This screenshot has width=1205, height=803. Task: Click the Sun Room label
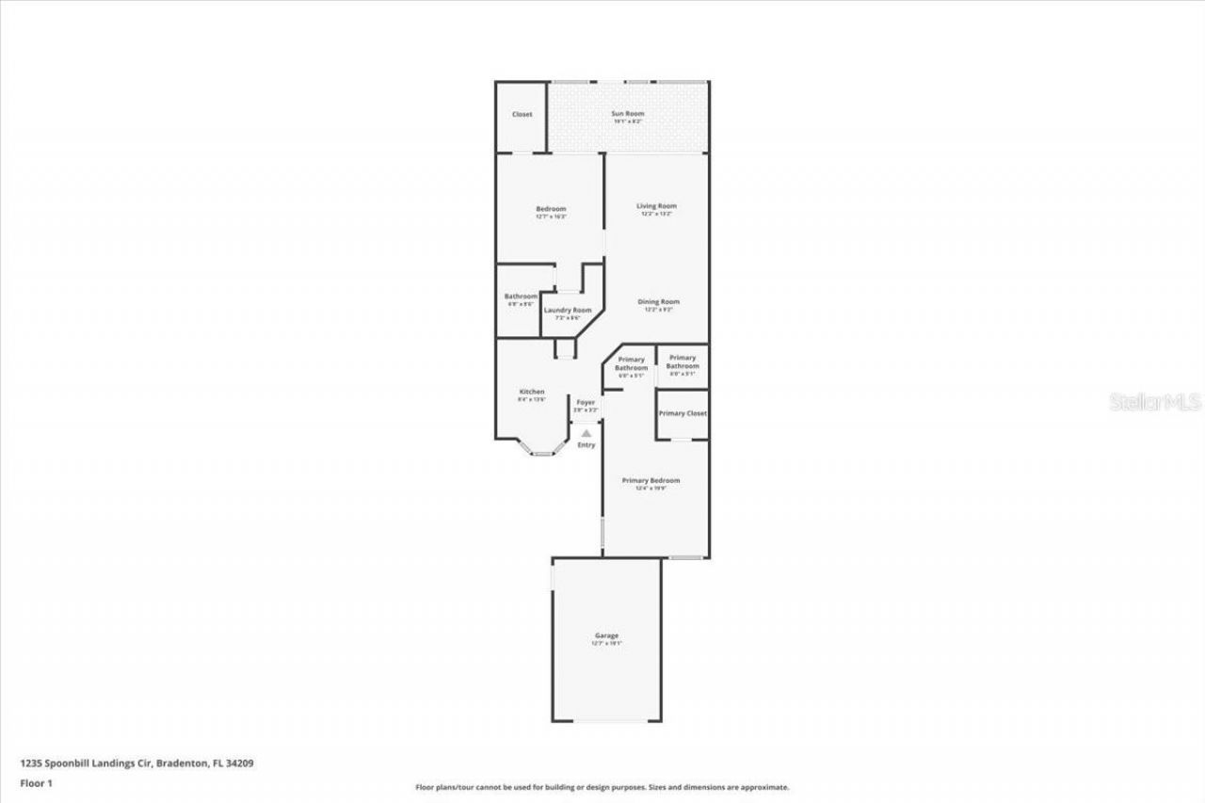point(627,114)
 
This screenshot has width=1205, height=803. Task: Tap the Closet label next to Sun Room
point(522,114)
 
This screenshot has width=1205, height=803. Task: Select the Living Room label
point(656,206)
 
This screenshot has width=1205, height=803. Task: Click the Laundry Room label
point(568,310)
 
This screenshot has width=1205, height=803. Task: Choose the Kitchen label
point(532,392)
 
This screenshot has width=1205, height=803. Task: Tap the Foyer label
point(586,402)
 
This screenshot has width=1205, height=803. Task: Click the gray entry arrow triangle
point(586,433)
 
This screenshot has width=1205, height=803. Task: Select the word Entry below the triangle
point(586,445)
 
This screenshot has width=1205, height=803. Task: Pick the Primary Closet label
point(683,413)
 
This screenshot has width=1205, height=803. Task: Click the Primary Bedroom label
point(651,480)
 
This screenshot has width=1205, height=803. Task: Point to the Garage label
point(606,635)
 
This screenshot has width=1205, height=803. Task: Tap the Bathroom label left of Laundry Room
point(521,296)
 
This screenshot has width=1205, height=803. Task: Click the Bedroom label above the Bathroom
point(551,209)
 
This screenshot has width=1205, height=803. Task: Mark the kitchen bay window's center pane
point(542,454)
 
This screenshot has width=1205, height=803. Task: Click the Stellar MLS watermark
point(1155,402)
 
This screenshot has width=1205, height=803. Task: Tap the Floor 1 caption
point(36,783)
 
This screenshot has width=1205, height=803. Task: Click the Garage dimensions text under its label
point(606,643)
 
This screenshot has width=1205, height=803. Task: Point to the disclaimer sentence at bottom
point(602,787)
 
